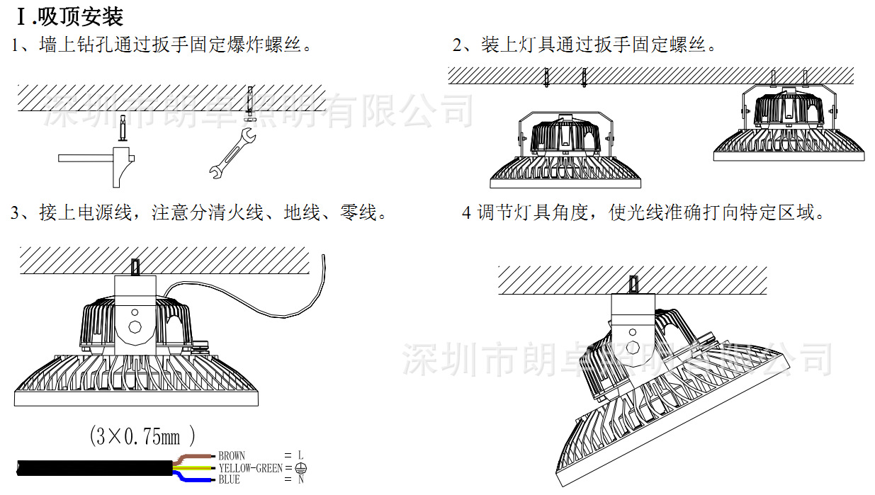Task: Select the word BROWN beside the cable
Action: [232, 456]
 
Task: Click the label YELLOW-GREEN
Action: [250, 468]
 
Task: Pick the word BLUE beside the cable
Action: [229, 480]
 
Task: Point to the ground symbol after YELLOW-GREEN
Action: [301, 468]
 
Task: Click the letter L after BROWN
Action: [301, 456]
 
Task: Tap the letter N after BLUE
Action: [301, 480]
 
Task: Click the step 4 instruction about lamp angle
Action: [643, 212]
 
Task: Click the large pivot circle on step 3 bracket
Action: [135, 328]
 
